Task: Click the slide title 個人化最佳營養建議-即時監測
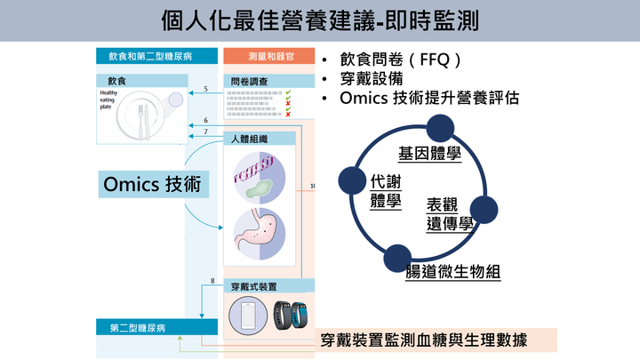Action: pos(320,20)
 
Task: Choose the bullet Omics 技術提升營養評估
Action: pos(429,99)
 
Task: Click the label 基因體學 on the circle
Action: pos(430,154)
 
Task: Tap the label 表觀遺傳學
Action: pos(449,213)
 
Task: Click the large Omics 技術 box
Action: pos(152,185)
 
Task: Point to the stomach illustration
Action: pos(259,235)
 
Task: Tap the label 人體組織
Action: pos(250,140)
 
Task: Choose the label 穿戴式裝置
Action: pos(254,286)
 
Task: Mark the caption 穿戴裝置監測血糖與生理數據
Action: pos(423,340)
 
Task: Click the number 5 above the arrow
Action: pos(205,89)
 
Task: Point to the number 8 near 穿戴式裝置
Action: pos(212,282)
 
